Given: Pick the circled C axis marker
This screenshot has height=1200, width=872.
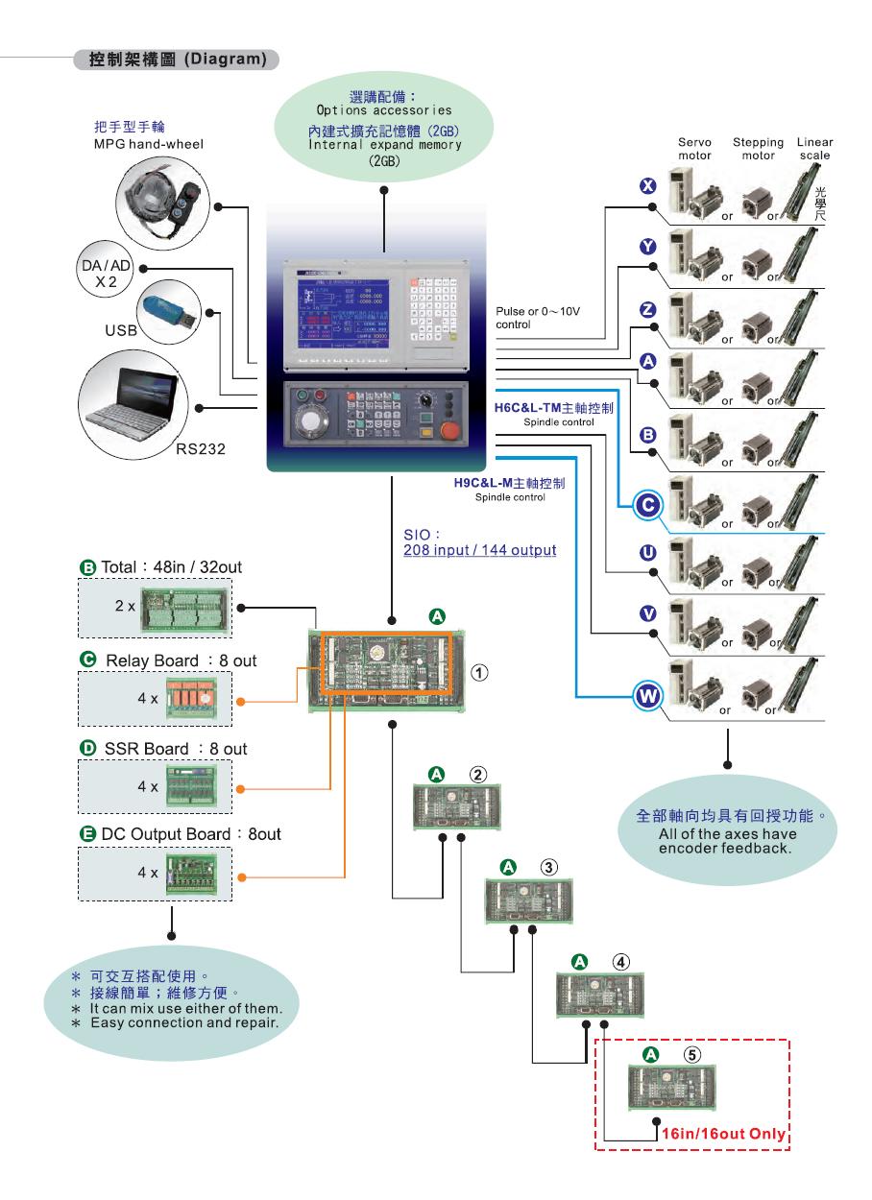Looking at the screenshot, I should click(x=646, y=502).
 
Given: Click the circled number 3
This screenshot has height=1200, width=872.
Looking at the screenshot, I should click(x=547, y=867).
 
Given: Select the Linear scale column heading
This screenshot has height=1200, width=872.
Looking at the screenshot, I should click(x=813, y=149).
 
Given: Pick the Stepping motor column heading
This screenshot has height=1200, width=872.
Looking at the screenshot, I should click(x=758, y=149).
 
